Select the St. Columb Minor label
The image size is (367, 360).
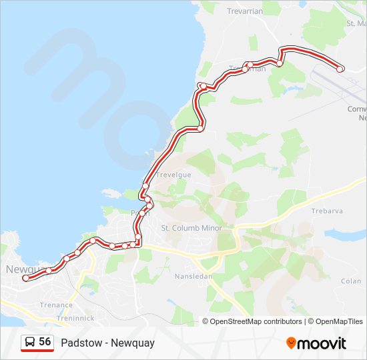point(192,228)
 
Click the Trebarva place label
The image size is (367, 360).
point(327,211)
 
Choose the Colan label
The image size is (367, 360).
point(350,281)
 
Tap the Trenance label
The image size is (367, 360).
point(56,305)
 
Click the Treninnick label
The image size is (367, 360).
point(75,318)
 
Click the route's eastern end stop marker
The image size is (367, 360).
point(340,69)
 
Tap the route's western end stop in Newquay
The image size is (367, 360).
point(25,279)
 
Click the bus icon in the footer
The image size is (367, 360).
point(30,343)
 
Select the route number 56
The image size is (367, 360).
point(45,342)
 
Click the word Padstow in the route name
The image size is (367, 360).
point(79,343)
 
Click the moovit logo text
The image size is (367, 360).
point(322,343)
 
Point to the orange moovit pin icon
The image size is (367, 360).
point(292,343)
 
